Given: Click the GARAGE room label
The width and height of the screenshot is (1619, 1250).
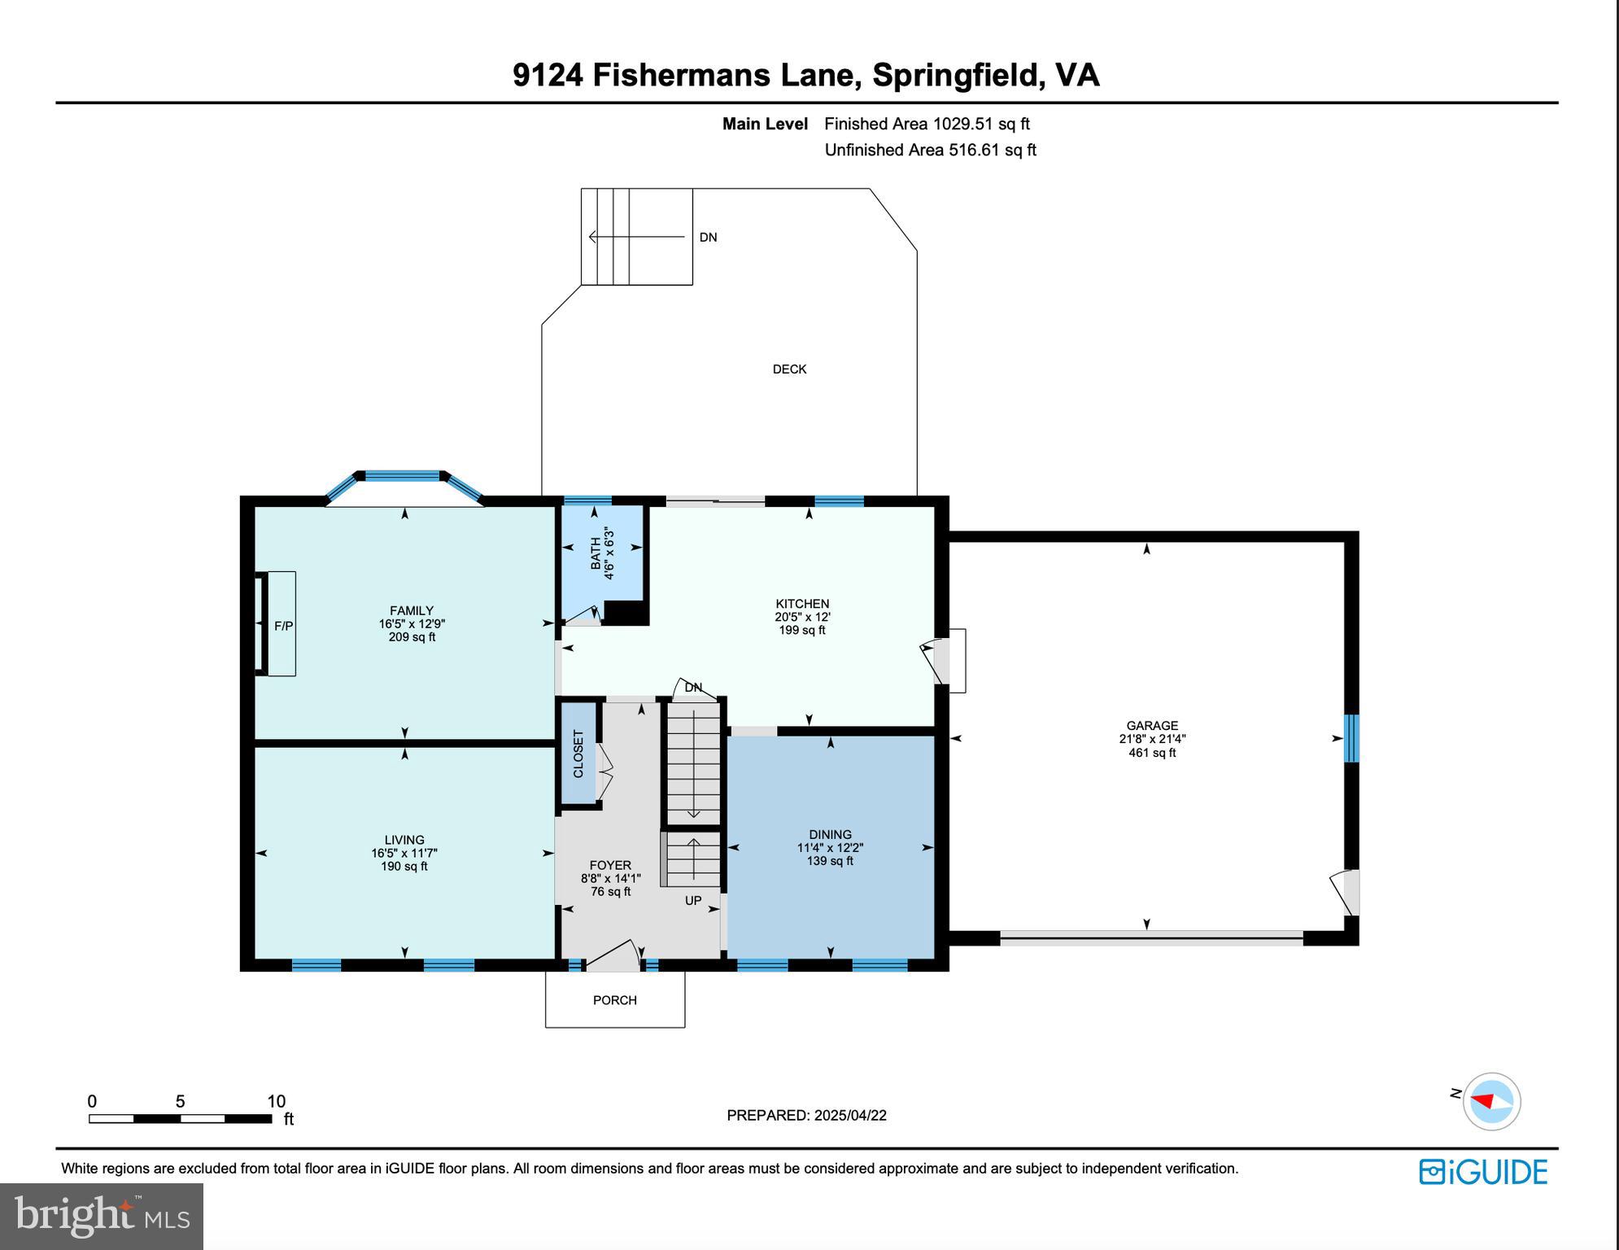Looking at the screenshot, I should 1151,725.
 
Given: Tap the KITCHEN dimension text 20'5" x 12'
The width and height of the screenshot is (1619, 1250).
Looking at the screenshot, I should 802,617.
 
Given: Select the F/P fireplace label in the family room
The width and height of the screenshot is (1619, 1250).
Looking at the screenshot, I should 283,626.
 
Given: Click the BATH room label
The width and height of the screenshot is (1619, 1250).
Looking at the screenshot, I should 596,553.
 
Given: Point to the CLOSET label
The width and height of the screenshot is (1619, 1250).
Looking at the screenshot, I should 578,754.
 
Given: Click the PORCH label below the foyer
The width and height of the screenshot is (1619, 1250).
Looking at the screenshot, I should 614,1000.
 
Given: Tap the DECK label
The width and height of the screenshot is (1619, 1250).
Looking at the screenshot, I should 789,369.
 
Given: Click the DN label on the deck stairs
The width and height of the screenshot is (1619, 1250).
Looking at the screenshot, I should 708,238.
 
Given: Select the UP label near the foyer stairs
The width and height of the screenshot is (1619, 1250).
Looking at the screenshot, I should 692,901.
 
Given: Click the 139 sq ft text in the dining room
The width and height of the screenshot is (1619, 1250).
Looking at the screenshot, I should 830,861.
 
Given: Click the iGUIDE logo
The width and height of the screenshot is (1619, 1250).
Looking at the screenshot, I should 1483,1172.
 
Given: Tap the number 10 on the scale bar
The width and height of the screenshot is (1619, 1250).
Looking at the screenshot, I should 277,1101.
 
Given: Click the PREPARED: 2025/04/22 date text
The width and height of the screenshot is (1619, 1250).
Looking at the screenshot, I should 806,1115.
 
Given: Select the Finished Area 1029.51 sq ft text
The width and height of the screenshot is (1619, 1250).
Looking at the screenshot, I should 927,124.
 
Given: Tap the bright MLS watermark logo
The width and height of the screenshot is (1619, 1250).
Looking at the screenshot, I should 102,1216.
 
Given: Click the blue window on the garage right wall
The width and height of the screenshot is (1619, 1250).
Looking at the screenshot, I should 1351,738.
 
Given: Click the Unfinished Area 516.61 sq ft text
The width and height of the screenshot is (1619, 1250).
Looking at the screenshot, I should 930,150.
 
